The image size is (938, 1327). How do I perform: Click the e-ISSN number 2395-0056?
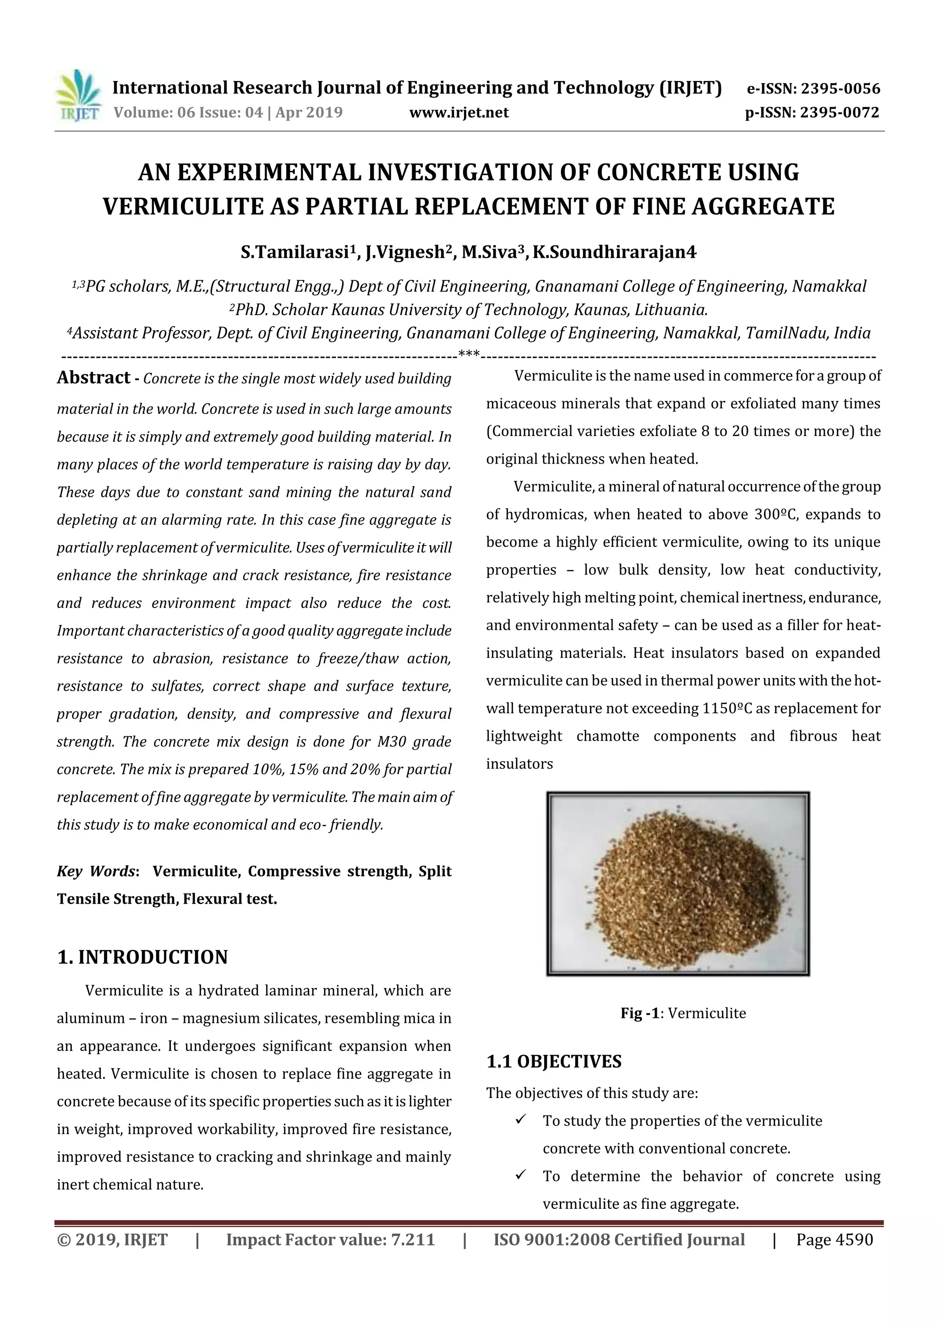[840, 89]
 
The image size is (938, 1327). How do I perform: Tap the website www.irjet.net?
[459, 113]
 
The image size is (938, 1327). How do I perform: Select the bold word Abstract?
[93, 378]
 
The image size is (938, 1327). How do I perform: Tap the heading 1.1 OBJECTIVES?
[554, 1062]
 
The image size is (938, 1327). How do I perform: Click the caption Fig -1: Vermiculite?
[683, 1013]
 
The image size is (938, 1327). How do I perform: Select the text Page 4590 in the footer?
[834, 1240]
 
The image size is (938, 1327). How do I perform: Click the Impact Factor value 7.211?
[413, 1240]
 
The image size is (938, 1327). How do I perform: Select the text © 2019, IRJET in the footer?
[112, 1240]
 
